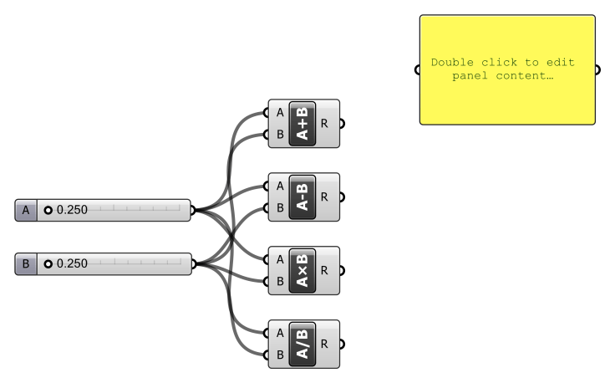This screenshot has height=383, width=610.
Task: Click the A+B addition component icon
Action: click(x=302, y=124)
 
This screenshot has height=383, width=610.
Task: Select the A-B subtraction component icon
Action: click(x=302, y=197)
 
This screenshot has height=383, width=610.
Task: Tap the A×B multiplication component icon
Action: click(x=302, y=271)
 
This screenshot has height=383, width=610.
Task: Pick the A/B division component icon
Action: click(x=302, y=344)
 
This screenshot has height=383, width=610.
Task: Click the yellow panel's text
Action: click(x=503, y=69)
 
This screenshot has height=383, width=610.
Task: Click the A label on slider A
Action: click(x=26, y=210)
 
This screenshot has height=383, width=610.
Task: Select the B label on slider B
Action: click(x=26, y=264)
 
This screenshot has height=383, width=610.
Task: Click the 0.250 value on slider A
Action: click(x=72, y=210)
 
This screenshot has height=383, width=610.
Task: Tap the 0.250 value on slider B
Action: click(x=72, y=264)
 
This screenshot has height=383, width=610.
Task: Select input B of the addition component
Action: click(x=279, y=134)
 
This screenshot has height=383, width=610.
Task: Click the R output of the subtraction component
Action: click(x=324, y=197)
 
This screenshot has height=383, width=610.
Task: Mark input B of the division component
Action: click(x=279, y=355)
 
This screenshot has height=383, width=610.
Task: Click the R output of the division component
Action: click(x=324, y=344)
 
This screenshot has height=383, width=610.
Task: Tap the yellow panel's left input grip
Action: click(x=419, y=69)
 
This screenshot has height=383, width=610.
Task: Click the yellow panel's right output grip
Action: click(x=597, y=69)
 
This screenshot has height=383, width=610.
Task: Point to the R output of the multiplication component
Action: click(x=324, y=271)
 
